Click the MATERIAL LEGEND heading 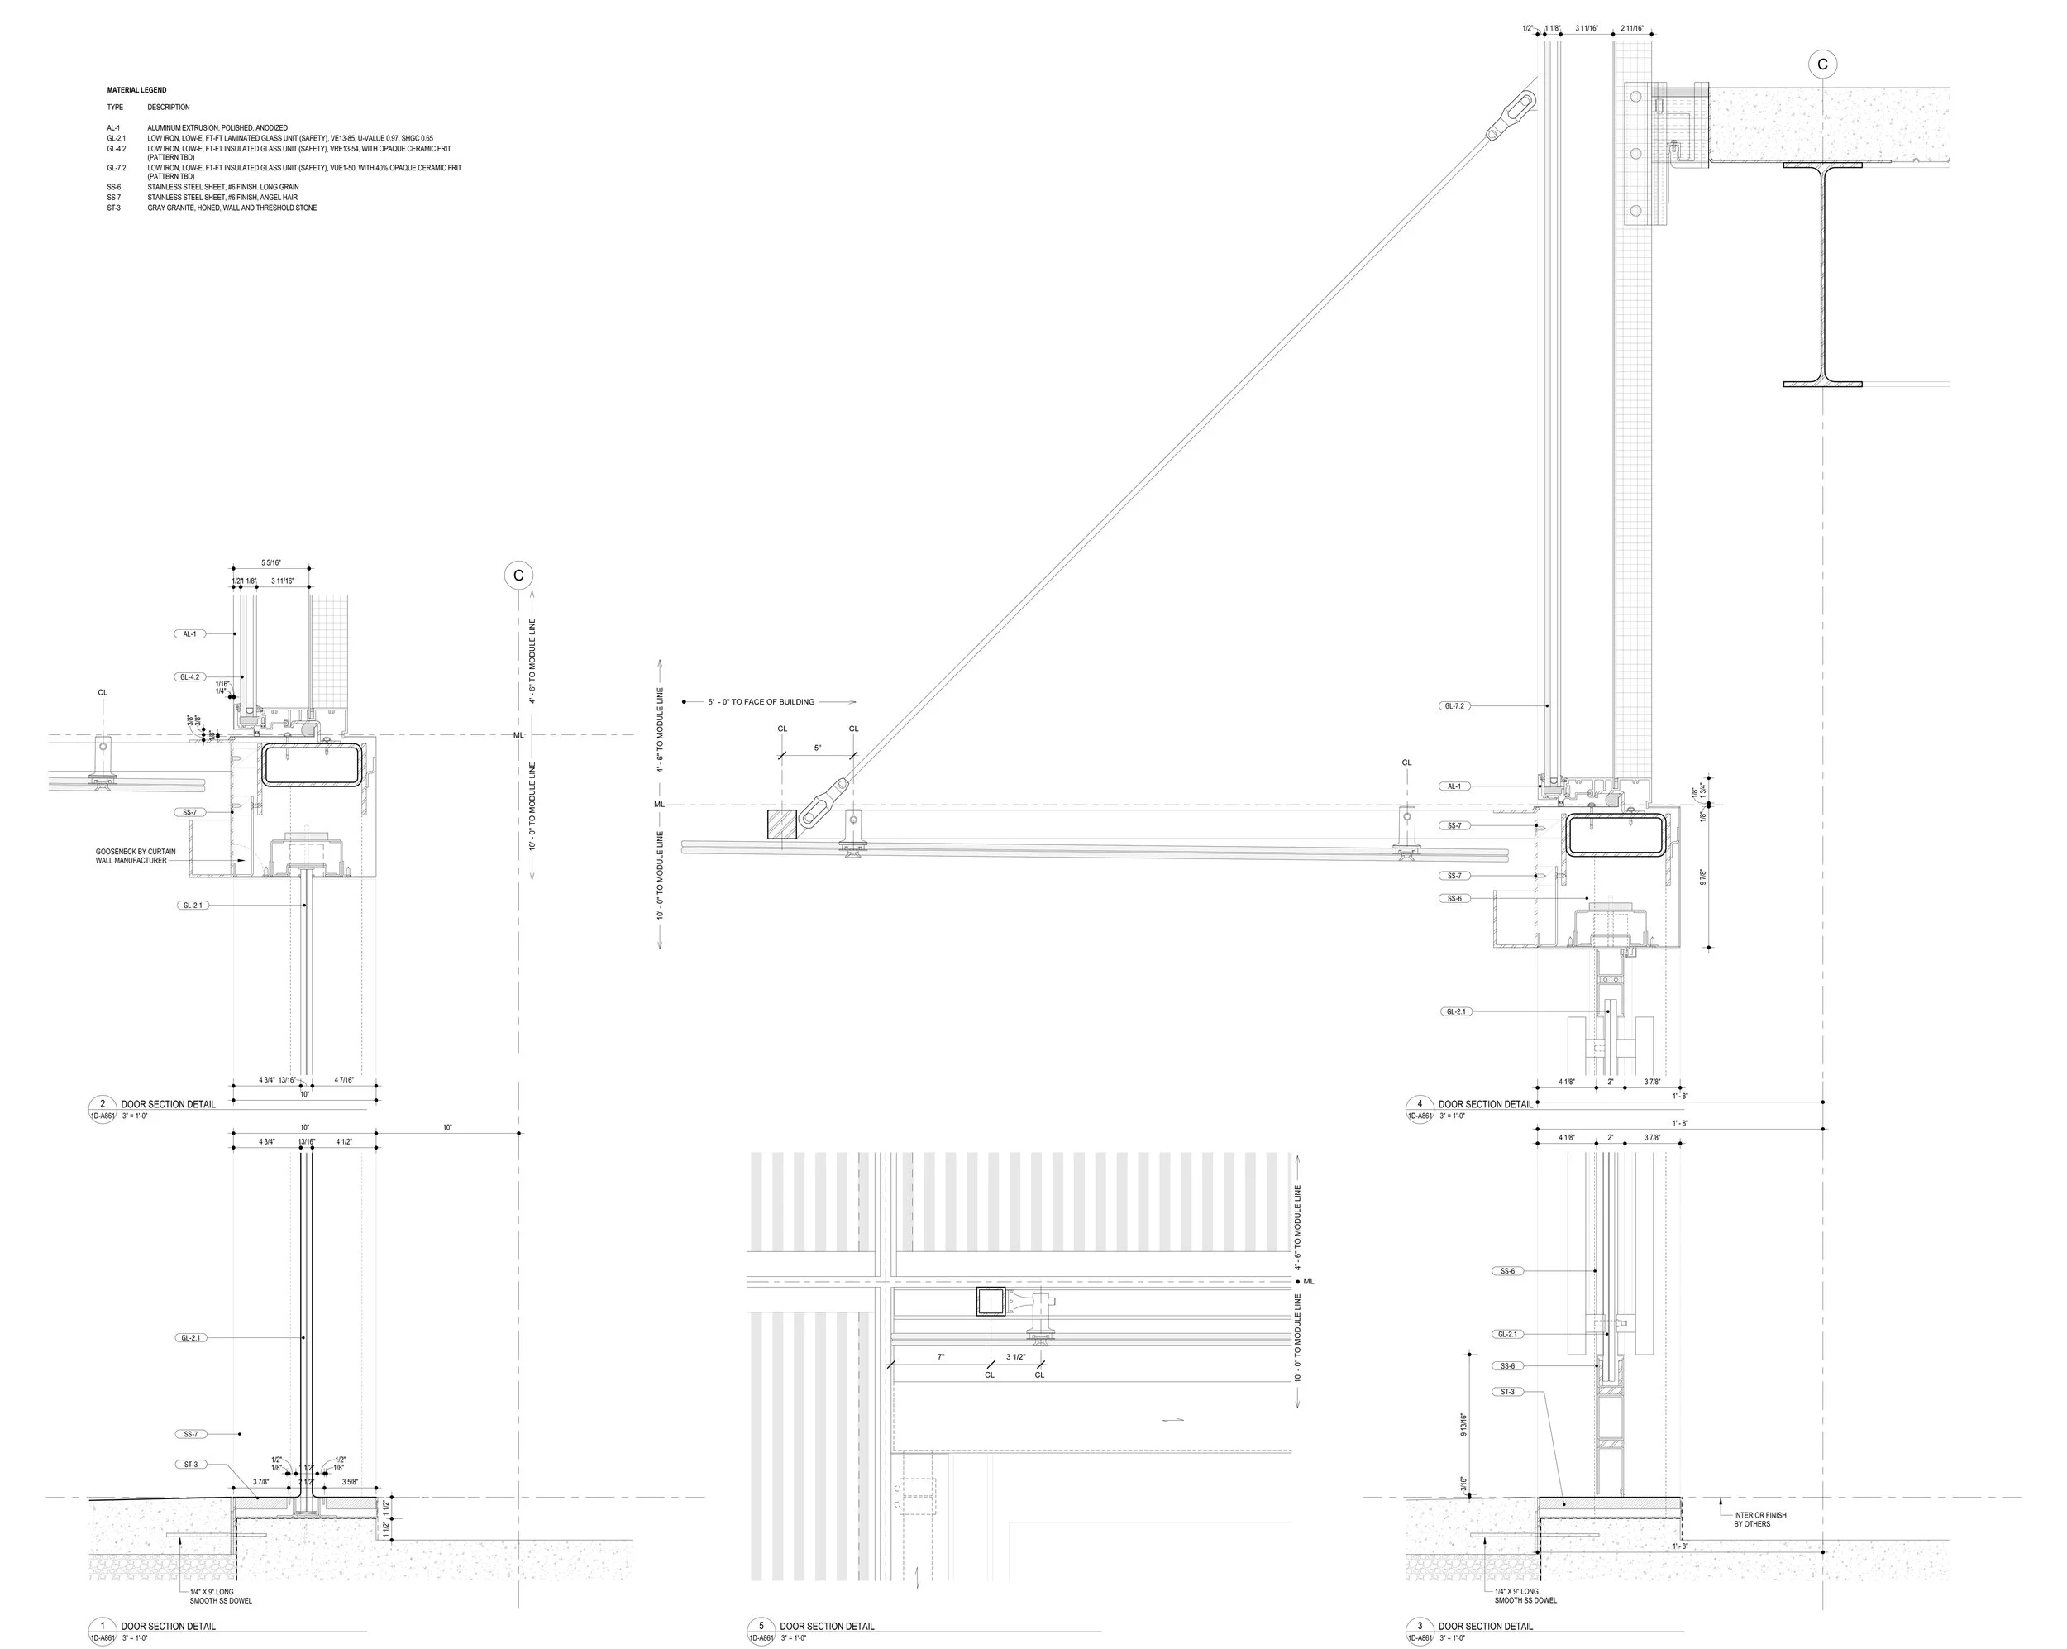(x=136, y=90)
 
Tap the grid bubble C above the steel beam (x=1821, y=65)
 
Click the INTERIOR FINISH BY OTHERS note (x=1759, y=1519)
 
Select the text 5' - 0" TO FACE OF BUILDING (x=761, y=702)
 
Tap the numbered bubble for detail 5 (x=761, y=1626)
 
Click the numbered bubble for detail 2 (x=103, y=1103)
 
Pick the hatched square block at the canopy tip (x=781, y=824)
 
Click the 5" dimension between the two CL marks (x=817, y=748)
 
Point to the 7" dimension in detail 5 (x=941, y=1356)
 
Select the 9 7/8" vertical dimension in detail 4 (x=1702, y=877)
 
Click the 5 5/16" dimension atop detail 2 (x=271, y=563)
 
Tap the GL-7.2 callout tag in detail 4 (x=1454, y=705)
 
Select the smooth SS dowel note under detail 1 (x=221, y=1596)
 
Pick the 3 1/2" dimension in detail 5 (x=1015, y=1356)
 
